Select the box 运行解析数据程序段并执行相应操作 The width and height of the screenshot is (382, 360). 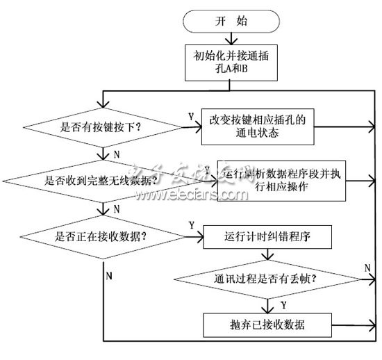click(281, 181)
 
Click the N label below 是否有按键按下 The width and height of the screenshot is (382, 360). click(115, 153)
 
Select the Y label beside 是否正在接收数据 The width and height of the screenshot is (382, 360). click(190, 226)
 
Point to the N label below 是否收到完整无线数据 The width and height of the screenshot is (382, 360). click(115, 208)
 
